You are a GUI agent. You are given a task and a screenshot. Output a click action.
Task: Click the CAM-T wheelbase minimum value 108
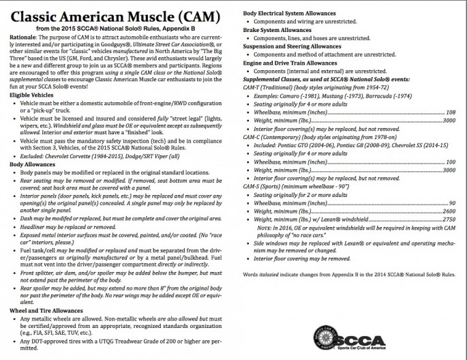pos(450,111)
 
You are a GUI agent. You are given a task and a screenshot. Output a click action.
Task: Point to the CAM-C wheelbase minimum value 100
pos(450,162)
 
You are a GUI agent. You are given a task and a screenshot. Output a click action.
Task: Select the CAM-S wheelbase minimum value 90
pos(451,203)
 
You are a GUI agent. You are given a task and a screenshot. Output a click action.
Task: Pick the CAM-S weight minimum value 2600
pos(449,212)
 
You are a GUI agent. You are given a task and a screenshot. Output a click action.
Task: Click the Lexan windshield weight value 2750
pos(449,220)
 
